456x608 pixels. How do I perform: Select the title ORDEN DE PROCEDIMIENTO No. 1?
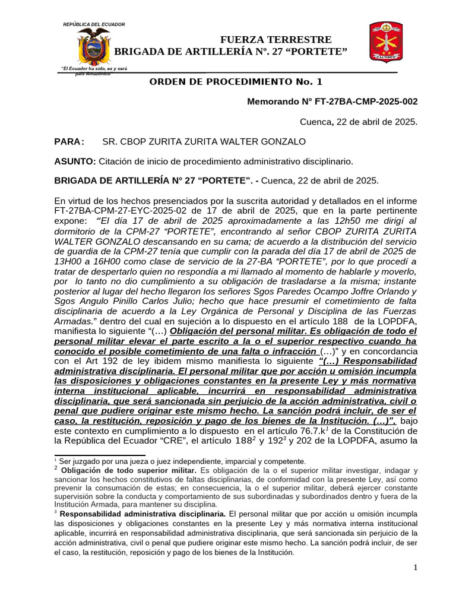pyautogui.click(x=236, y=82)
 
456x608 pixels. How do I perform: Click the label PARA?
pyautogui.click(x=69, y=141)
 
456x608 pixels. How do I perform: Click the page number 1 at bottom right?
pyautogui.click(x=416, y=568)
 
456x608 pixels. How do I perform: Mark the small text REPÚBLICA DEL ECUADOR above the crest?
pyautogui.click(x=94, y=24)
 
